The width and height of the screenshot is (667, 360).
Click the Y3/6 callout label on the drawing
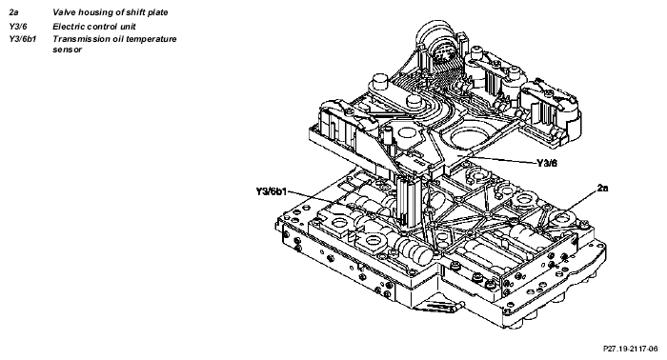tap(547, 163)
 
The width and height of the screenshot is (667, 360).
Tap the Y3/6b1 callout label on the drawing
tap(272, 191)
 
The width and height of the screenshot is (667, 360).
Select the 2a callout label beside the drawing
tap(602, 188)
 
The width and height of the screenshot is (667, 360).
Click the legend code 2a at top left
tap(13, 12)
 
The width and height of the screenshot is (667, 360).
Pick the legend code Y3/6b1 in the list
tap(23, 39)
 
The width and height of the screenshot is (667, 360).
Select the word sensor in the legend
tap(68, 50)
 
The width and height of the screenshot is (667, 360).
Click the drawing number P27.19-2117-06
tap(631, 349)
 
